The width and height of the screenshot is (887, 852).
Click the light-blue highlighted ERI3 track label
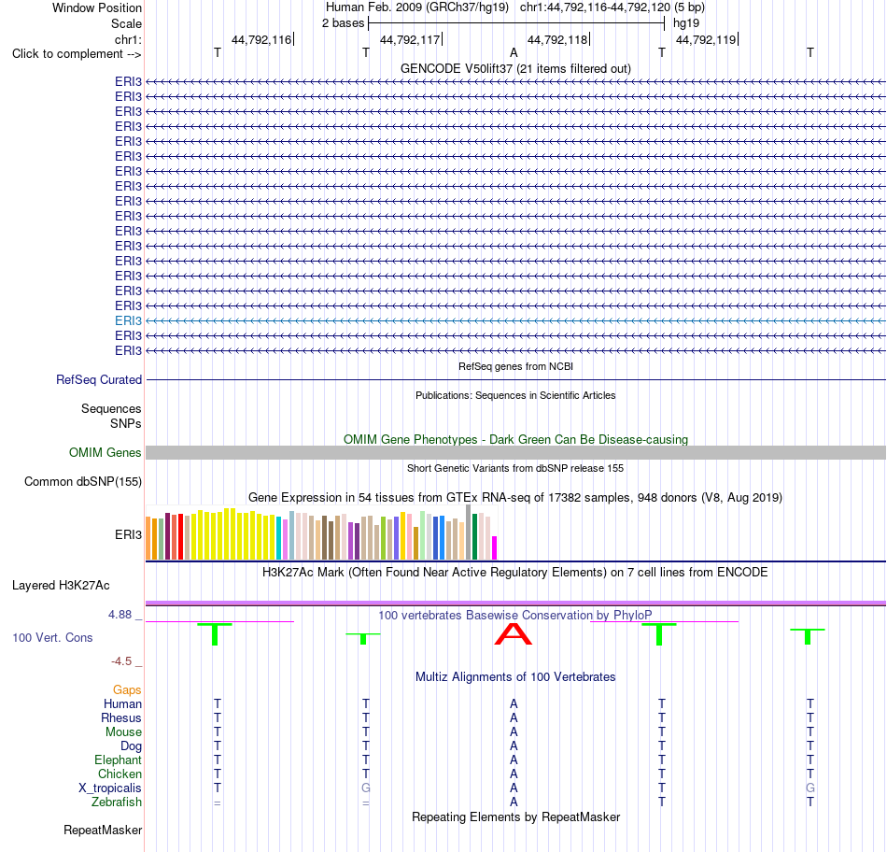click(x=128, y=321)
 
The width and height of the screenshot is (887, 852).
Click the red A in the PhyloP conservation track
click(x=514, y=634)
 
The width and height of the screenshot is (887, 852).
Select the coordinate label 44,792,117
click(x=410, y=39)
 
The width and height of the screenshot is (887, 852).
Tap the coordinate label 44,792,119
click(x=706, y=39)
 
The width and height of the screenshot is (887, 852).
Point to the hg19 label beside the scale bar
click(x=686, y=23)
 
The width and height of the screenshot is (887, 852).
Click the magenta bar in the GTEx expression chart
click(x=495, y=548)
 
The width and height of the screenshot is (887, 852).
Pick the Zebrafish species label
click(x=117, y=802)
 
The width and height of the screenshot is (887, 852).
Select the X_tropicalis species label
click(x=110, y=788)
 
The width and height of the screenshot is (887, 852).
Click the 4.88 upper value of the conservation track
click(x=120, y=614)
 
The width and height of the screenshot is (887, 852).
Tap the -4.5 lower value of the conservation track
click(x=121, y=661)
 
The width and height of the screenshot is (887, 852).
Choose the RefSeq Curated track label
click(x=99, y=380)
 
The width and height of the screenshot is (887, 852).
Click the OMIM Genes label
click(x=106, y=453)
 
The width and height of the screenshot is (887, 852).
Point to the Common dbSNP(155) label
click(x=83, y=482)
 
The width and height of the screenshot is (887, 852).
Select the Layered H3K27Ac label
click(x=61, y=586)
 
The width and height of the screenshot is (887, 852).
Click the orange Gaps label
click(x=127, y=689)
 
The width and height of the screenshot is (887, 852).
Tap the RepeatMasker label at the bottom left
click(x=103, y=830)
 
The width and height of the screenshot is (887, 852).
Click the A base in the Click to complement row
click(x=514, y=52)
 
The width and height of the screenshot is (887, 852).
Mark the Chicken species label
click(x=120, y=774)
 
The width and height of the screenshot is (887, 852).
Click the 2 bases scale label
click(x=344, y=23)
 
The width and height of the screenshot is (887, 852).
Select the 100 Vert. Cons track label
click(x=52, y=637)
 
